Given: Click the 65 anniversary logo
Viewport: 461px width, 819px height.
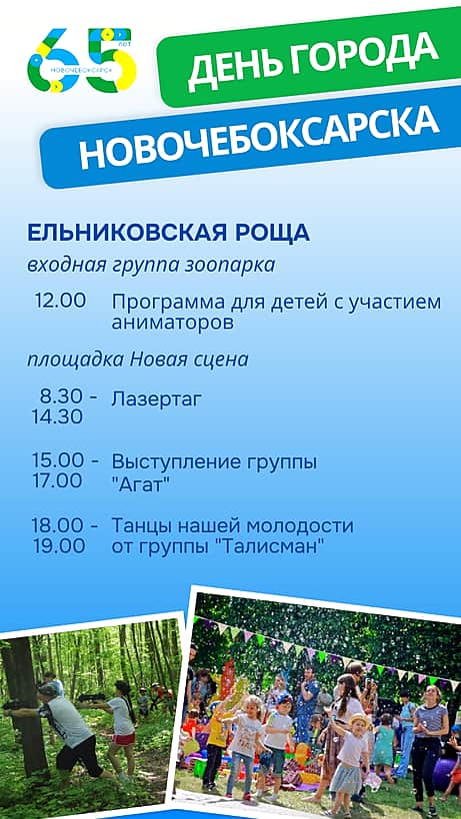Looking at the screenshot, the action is point(83,60).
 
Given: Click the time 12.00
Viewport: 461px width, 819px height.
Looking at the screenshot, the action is point(61,301).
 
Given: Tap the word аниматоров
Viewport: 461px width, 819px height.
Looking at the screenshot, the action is point(172,323).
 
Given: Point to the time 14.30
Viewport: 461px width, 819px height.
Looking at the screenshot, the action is point(57,416).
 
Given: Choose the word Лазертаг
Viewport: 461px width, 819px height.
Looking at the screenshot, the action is point(156,401).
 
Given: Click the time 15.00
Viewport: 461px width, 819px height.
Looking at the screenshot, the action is point(57,460).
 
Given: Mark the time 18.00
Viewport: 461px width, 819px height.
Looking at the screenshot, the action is point(57,525).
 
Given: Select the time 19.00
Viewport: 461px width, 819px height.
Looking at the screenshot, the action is point(59,546).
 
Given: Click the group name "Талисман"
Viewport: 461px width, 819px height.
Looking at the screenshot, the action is point(270,547).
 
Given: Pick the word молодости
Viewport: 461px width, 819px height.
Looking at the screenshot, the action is point(309,526).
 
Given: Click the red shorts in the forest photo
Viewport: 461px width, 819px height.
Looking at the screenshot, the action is point(123,738).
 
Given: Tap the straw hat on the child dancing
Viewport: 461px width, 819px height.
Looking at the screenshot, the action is point(359,721).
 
